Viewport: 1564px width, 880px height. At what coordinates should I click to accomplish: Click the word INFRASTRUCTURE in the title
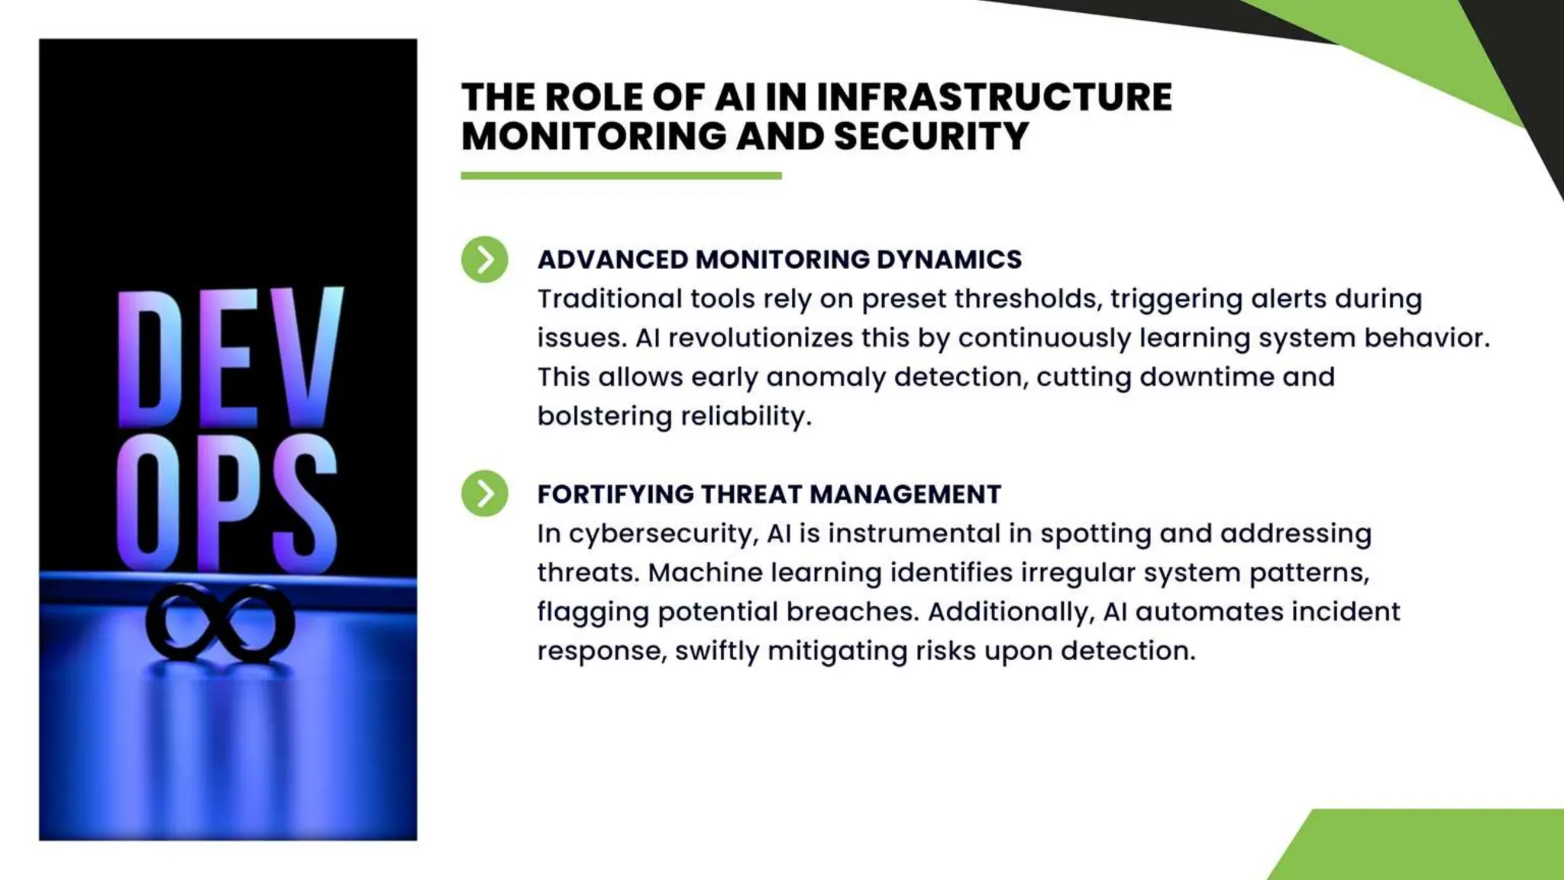994,97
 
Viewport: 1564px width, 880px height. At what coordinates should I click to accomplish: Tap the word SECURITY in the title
931,137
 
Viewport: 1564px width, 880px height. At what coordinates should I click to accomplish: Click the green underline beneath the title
621,176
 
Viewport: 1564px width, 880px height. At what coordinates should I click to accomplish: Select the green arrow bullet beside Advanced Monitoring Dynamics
484,260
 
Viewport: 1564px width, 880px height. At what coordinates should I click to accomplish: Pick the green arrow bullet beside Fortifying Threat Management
484,493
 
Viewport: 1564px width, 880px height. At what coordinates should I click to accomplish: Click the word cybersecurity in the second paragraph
664,534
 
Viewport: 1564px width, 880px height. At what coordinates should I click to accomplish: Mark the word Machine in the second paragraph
705,573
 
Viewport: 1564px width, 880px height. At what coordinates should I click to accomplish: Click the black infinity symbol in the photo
220,623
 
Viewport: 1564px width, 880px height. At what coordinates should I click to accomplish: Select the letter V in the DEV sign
305,355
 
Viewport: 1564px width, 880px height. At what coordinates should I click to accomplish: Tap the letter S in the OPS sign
304,504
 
